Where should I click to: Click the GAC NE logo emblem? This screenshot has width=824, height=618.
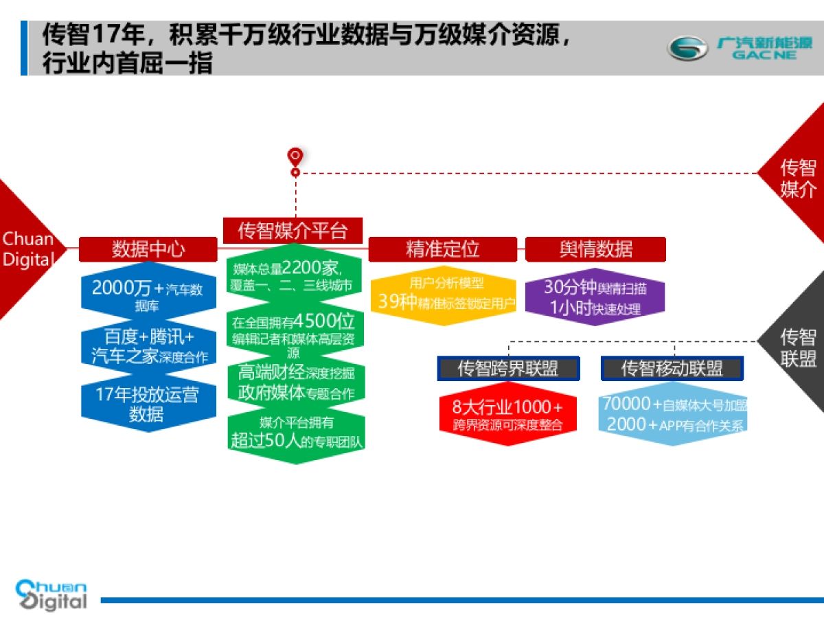688,49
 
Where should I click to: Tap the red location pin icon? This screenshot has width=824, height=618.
295,157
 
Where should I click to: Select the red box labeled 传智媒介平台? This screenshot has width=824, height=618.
293,230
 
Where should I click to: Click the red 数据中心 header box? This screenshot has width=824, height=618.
148,249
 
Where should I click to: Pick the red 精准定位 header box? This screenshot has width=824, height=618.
442,249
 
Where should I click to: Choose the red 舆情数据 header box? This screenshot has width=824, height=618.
595,249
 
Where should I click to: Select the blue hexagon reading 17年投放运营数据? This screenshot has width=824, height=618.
148,404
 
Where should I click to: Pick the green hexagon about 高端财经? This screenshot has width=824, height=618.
295,383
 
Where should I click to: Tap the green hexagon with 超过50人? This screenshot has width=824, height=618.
295,433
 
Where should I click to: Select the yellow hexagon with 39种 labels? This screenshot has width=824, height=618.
442,294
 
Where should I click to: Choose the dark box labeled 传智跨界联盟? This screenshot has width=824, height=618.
508,369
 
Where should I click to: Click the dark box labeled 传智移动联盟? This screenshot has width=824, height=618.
672,369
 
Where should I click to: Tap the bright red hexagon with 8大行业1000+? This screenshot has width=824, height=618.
508,414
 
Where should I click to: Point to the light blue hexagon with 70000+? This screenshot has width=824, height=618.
672,414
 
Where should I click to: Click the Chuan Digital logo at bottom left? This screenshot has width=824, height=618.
51,595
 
